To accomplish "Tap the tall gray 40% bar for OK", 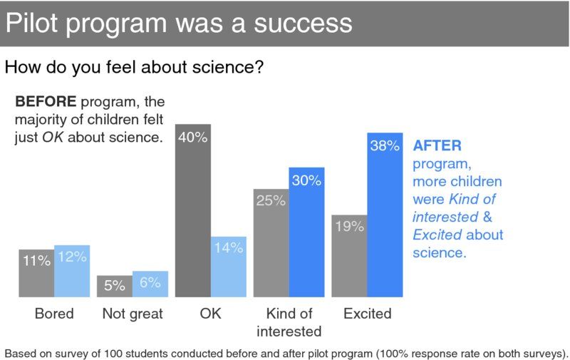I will [x=192, y=214].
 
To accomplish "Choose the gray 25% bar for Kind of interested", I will [x=271, y=246].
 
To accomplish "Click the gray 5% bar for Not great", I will [x=115, y=286].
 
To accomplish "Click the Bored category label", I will [x=54, y=314].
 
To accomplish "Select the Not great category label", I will [x=133, y=314].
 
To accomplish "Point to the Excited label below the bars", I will [x=367, y=314].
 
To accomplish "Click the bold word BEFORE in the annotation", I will [x=46, y=101].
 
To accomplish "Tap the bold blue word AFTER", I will [x=437, y=145].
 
